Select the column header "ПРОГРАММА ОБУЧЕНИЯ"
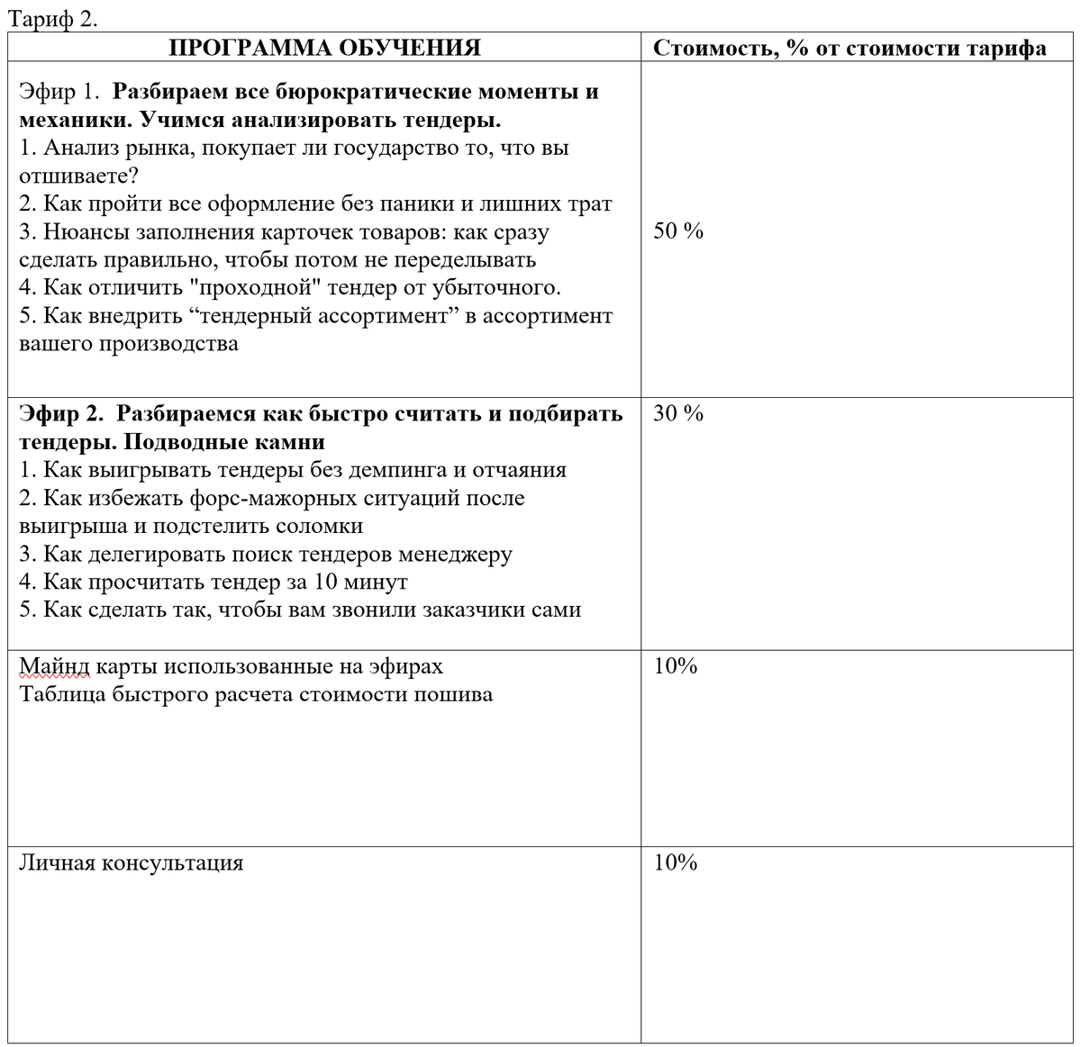[324, 48]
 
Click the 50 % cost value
[677, 231]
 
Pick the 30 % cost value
[677, 414]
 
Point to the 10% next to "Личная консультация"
[676, 863]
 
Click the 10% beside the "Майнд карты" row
[676, 666]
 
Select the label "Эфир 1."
[59, 92]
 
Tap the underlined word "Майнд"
[55, 666]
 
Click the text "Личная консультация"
[132, 863]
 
